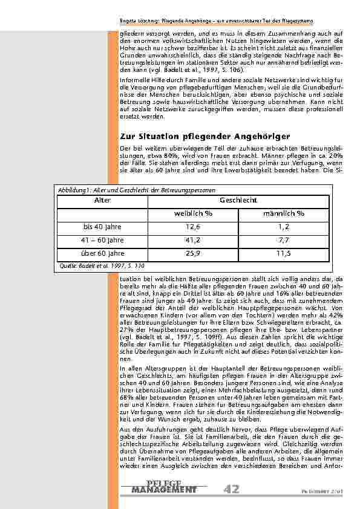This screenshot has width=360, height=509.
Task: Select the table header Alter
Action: click(103, 199)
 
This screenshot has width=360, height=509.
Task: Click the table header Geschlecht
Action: click(238, 199)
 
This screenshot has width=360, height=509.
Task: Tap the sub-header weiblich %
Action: click(193, 213)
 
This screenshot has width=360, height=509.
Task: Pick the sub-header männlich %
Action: click(284, 213)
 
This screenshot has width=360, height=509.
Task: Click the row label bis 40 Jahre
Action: click(103, 227)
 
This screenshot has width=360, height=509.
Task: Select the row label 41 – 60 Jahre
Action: click(103, 240)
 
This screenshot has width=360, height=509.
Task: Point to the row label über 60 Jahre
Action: click(103, 253)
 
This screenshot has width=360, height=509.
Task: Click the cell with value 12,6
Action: click(193, 227)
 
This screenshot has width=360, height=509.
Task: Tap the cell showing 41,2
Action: click(193, 240)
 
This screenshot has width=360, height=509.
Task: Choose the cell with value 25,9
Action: click(193, 253)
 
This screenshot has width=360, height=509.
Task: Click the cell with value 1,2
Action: click(284, 227)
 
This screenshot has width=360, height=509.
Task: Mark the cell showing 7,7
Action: click(284, 240)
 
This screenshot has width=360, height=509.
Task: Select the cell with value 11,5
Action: click(284, 253)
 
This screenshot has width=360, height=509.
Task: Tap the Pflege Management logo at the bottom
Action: click(164, 487)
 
